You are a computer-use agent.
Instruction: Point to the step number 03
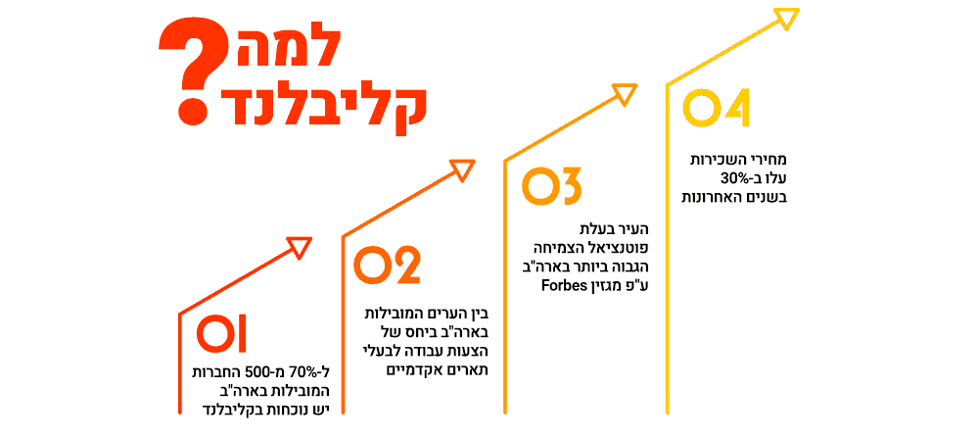click(552, 187)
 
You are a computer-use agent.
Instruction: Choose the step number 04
click(716, 109)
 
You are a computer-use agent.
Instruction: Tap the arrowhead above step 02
click(462, 170)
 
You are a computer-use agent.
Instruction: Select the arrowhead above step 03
click(625, 94)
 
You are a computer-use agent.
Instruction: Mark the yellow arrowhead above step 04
click(787, 18)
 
